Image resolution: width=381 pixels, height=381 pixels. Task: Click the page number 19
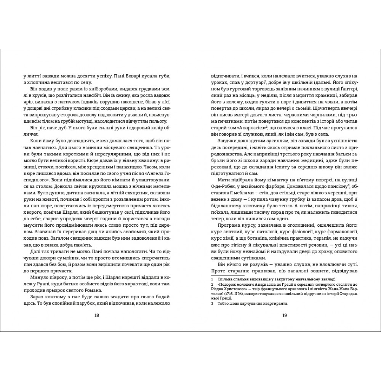point(284,315)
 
